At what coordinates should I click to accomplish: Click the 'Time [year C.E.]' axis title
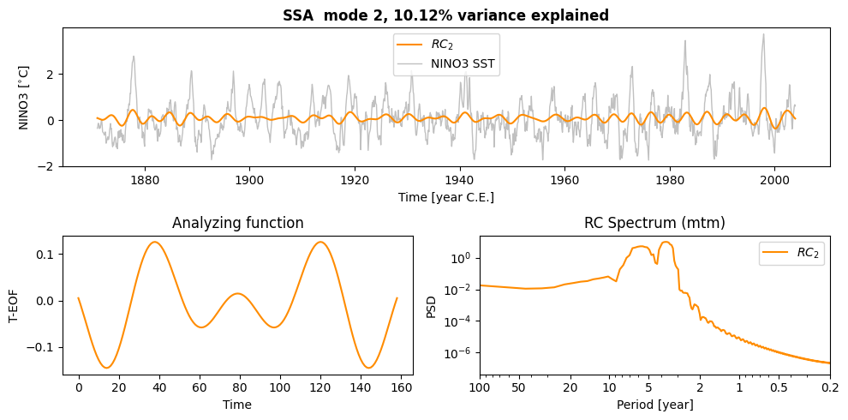point(445,197)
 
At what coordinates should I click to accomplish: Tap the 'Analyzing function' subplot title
point(237,223)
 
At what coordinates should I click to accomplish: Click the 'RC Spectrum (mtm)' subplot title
point(654,223)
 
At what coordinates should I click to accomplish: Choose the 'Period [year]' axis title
point(654,405)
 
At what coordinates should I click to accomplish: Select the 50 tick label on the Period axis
point(519,387)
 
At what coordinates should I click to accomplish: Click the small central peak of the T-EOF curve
point(237,293)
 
